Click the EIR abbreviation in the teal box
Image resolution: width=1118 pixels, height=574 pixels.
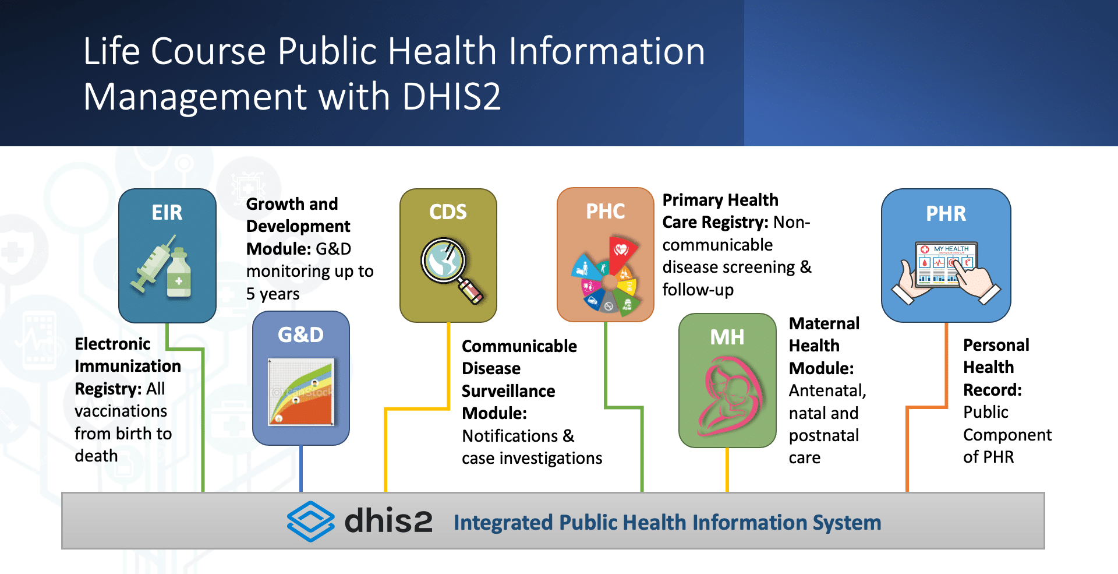click(x=167, y=213)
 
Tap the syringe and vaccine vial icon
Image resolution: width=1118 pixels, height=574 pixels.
click(x=162, y=266)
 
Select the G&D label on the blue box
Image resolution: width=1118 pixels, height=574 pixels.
click(x=300, y=335)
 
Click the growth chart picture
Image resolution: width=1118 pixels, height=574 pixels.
click(x=301, y=392)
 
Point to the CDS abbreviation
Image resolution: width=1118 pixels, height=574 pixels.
click(x=448, y=212)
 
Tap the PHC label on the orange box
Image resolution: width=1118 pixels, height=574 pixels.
click(x=606, y=212)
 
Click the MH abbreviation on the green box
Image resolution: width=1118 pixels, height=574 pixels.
click(x=727, y=337)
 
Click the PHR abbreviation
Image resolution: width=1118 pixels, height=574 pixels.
click(x=946, y=214)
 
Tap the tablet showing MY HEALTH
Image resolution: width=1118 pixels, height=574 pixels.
click(x=946, y=265)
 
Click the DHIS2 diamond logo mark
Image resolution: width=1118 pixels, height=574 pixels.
click(x=310, y=522)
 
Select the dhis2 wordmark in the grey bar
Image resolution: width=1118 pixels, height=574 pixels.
click(x=388, y=521)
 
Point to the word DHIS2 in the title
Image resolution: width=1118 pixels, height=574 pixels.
click(x=451, y=96)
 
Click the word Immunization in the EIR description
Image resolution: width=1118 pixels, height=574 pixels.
click(x=128, y=367)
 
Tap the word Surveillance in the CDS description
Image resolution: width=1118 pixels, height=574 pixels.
click(x=508, y=391)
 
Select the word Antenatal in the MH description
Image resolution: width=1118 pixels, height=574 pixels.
click(x=826, y=391)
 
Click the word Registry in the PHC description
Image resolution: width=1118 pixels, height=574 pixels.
click(x=734, y=223)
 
